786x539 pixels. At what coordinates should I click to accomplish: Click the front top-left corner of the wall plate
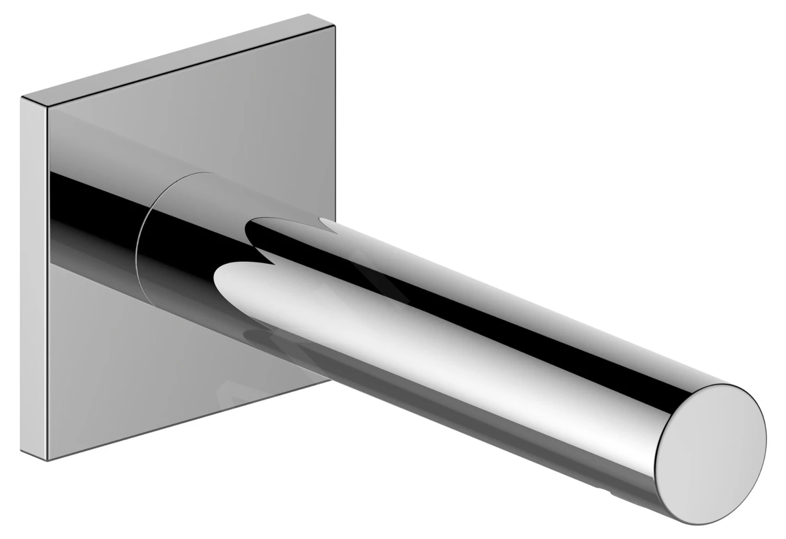(x=48, y=107)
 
